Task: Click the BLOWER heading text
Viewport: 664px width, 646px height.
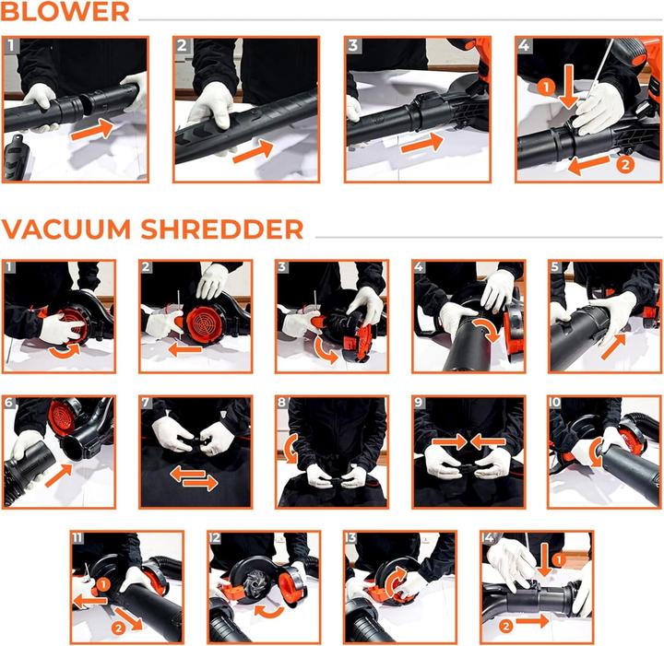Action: click(65, 13)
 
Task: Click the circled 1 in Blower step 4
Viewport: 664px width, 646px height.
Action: click(545, 88)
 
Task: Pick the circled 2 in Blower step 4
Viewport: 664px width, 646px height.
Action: click(624, 165)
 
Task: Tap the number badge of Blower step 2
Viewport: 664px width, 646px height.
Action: click(182, 45)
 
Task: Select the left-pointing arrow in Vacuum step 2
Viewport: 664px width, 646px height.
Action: click(184, 349)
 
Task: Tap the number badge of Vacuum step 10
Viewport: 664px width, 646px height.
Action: click(555, 404)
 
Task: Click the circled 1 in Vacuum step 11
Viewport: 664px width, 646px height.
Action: click(104, 583)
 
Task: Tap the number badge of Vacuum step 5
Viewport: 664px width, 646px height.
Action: click(555, 268)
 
